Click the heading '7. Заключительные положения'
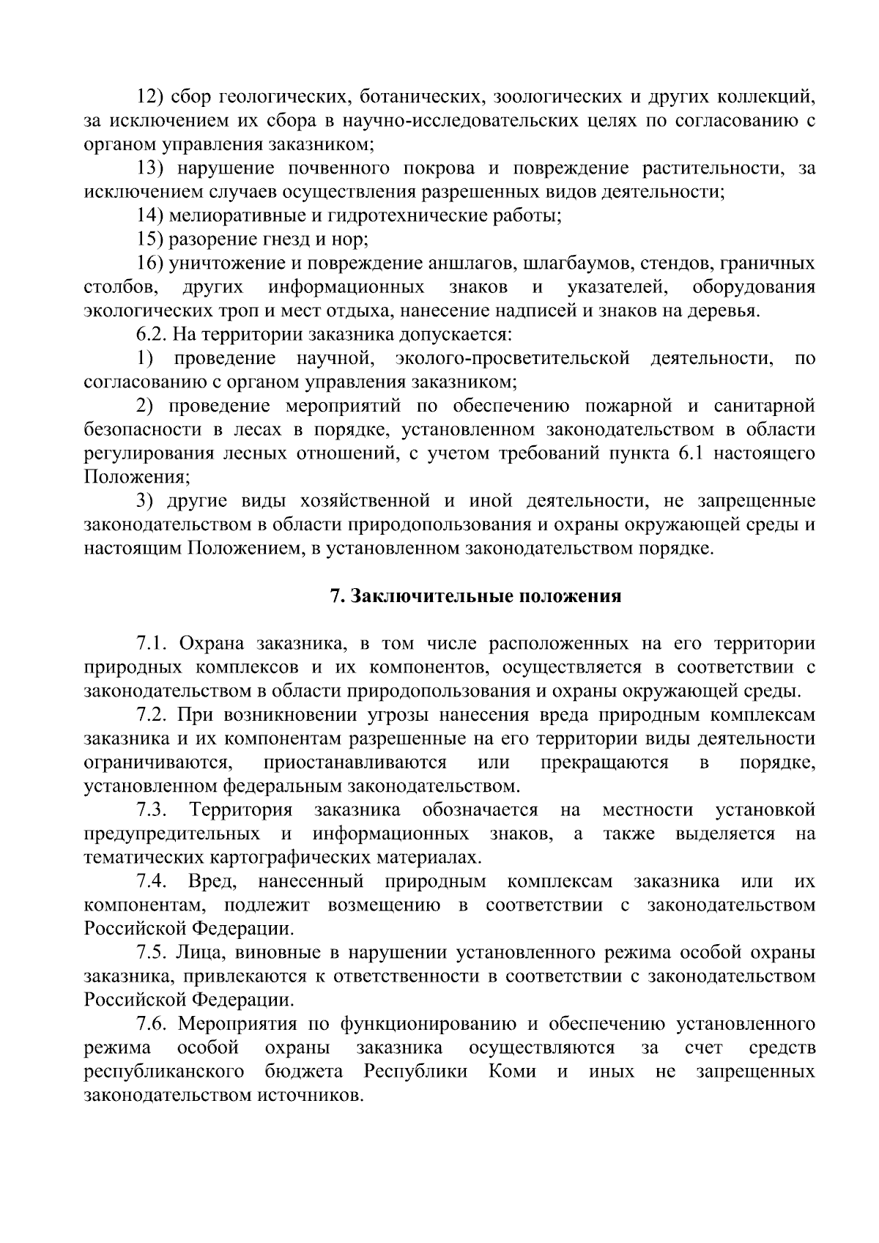click(475, 596)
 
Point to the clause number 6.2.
click(152, 335)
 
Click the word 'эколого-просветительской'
click(512, 358)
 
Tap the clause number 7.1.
click(152, 644)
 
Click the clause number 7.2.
click(152, 715)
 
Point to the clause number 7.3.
click(152, 810)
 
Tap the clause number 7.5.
click(152, 953)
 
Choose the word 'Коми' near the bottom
click(511, 1072)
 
